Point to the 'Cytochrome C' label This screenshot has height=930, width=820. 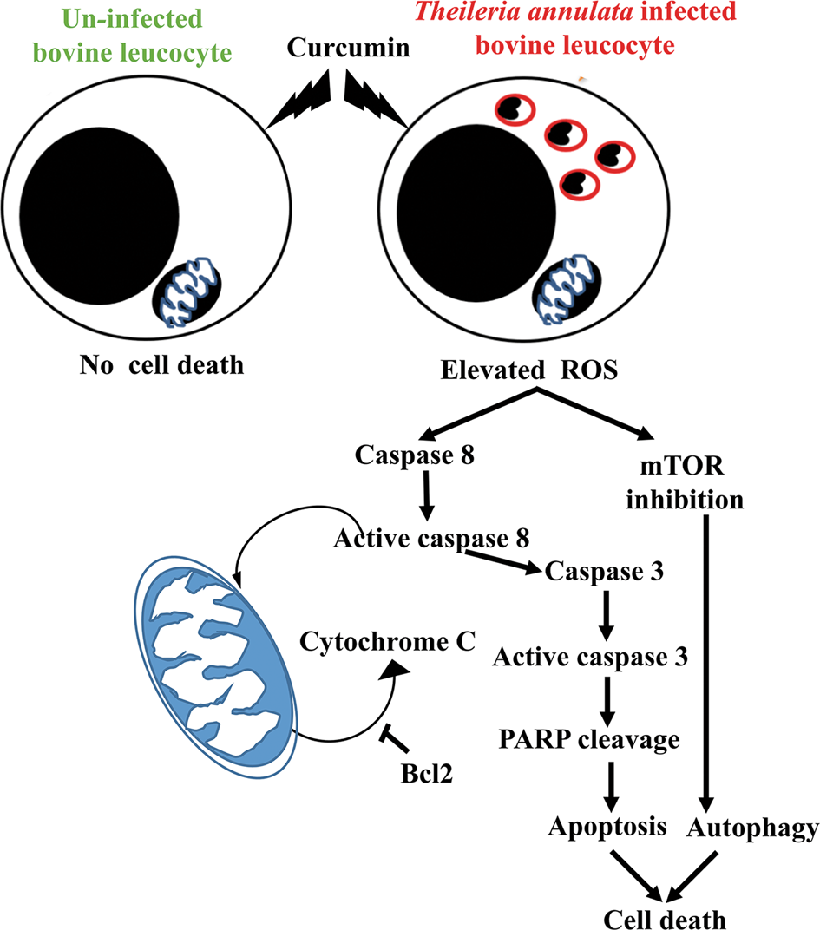388,642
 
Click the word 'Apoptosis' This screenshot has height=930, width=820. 607,828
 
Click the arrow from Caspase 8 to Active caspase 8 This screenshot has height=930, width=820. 426,500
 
